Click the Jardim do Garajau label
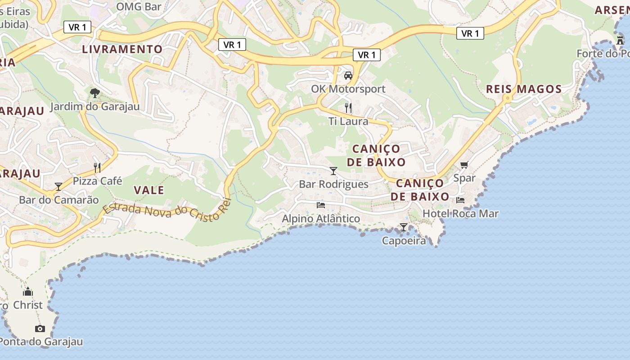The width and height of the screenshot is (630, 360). pos(94,107)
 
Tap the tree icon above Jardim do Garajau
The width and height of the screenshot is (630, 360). pos(94,93)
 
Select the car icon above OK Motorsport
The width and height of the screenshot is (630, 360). pos(348,75)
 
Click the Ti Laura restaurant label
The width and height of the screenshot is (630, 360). pos(348,121)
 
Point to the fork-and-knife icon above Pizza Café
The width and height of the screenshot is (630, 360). pos(97,168)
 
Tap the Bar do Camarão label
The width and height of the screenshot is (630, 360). pos(58,200)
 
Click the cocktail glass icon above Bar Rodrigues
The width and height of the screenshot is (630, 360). pos(333,171)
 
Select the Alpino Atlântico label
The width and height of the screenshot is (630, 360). pos(321,219)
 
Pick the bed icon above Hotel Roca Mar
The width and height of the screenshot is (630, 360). pos(460,200)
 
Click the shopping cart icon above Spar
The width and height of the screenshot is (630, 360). pos(464,165)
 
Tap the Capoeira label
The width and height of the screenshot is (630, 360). pos(404,241)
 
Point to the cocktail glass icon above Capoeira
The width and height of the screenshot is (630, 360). pos(404,227)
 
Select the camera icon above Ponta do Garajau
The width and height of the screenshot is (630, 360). pos(40,328)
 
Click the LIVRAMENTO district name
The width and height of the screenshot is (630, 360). pos(122,49)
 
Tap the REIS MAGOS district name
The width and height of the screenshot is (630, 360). pos(524,89)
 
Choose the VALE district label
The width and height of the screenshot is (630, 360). pos(149,190)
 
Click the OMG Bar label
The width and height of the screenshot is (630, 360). pos(139,6)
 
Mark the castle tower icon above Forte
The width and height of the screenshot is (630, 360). pos(620,40)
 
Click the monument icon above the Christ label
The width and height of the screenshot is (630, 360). pos(28,292)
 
